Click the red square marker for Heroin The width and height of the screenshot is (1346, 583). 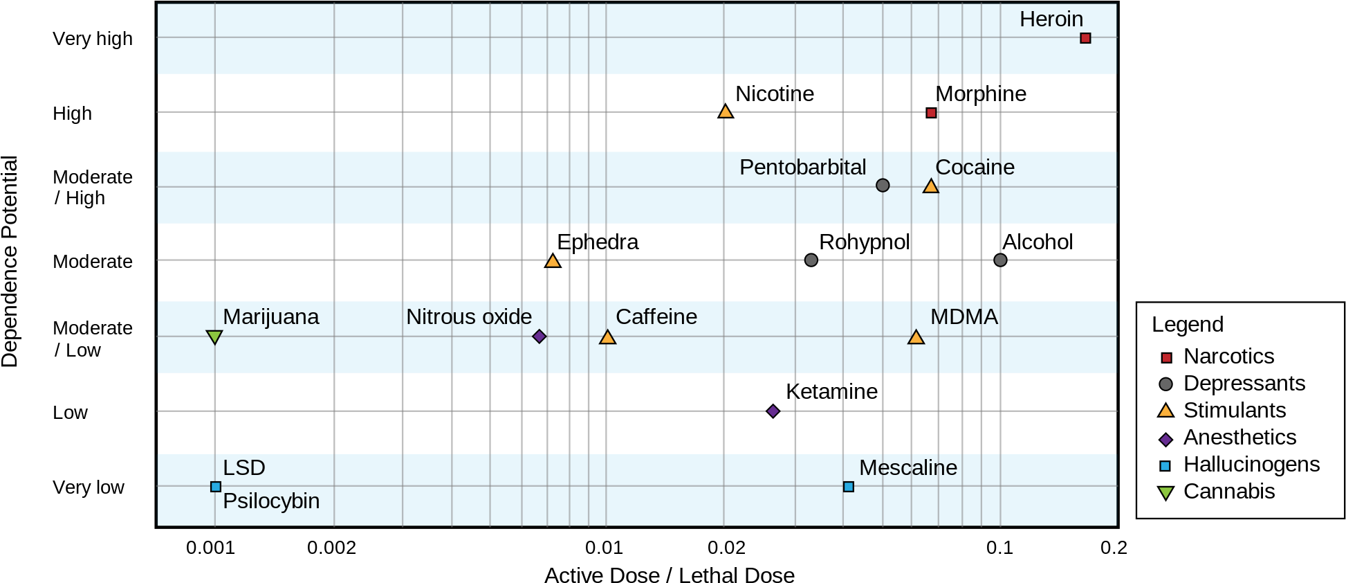click(x=1085, y=38)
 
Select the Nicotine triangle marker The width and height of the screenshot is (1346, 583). click(x=725, y=111)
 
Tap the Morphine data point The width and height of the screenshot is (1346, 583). click(x=931, y=113)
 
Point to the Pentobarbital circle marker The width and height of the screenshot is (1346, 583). click(x=883, y=185)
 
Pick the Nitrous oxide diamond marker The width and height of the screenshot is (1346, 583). click(x=540, y=337)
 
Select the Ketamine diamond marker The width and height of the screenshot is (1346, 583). click(x=773, y=411)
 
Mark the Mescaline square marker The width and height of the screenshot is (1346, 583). click(x=849, y=487)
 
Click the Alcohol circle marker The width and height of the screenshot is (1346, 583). click(x=1000, y=260)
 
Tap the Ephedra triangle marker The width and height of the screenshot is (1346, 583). click(x=553, y=261)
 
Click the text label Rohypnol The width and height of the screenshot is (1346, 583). click(x=864, y=242)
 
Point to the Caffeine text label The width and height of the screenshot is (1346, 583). click(x=656, y=316)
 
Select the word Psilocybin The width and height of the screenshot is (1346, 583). click(x=271, y=501)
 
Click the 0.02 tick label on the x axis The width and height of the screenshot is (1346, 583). click(x=726, y=548)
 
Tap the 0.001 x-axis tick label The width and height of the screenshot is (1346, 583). click(x=210, y=548)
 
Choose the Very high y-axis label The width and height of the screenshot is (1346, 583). click(x=93, y=39)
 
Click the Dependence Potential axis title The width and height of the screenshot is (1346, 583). click(x=10, y=261)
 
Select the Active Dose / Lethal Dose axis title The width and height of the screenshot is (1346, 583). click(x=670, y=575)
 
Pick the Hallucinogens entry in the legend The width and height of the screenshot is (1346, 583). click(x=1239, y=465)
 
